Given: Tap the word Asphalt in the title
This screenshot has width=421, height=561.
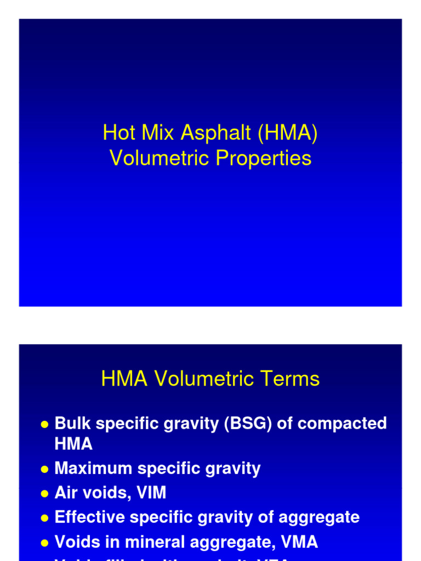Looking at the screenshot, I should (x=207, y=133).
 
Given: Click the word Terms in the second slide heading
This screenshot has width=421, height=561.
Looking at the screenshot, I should (x=292, y=379).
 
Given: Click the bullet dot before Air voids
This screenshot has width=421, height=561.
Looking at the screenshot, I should (x=44, y=494).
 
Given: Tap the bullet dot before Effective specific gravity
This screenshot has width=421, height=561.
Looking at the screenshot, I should (x=44, y=518).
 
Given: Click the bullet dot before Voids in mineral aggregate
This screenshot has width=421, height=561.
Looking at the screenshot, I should (x=44, y=543).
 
